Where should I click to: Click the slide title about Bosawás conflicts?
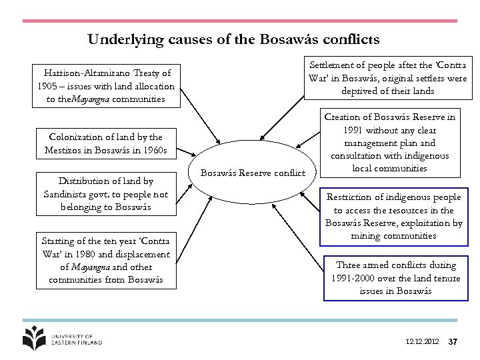[233, 39]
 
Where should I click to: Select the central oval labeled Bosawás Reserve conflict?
[253, 173]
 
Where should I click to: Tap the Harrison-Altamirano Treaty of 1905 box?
[106, 86]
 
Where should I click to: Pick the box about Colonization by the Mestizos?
[105, 143]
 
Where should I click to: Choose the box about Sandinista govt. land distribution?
[105, 194]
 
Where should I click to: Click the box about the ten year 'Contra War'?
[105, 260]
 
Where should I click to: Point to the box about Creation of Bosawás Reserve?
[389, 143]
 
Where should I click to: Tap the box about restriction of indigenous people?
[393, 216]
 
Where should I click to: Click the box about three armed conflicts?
[395, 277]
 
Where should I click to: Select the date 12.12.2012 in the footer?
[422, 342]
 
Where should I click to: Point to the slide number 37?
[453, 342]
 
